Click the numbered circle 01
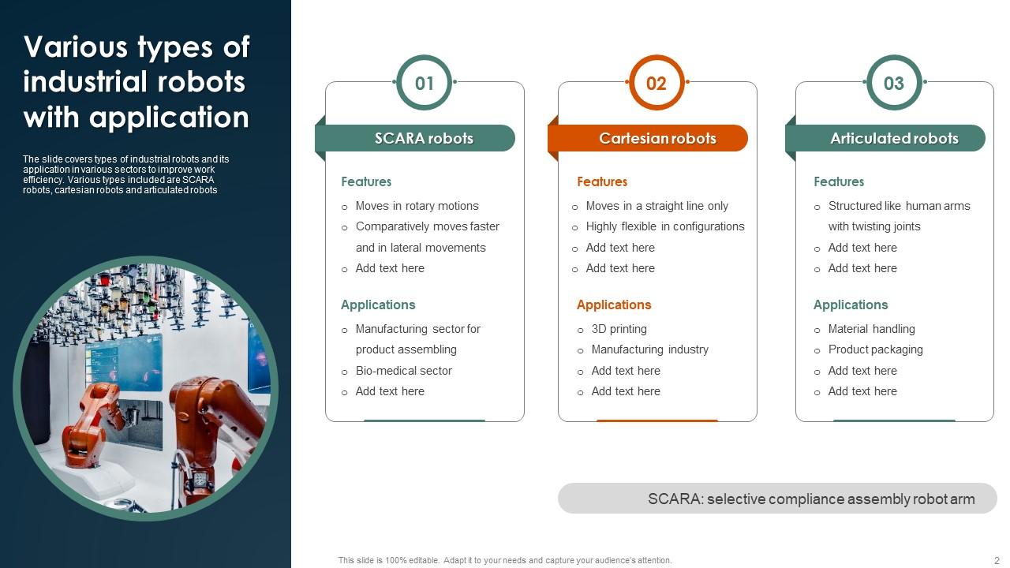tap(425, 83)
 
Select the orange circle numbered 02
tap(656, 83)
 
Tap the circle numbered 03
tap(893, 83)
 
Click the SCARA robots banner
tap(423, 138)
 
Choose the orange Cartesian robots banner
tap(656, 138)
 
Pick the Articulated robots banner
tap(893, 138)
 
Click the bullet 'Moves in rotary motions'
tap(417, 206)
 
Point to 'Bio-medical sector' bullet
tap(403, 371)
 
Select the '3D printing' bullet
tap(619, 329)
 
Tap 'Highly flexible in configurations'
tap(664, 226)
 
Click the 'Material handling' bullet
tap(871, 329)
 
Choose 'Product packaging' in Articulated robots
tap(875, 349)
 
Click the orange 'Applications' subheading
tap(613, 305)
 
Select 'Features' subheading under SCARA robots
tap(366, 181)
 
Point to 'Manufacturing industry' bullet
tap(649, 349)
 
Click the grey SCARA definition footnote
tap(810, 499)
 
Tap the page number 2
tap(997, 560)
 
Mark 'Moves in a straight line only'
tap(656, 206)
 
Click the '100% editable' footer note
tap(505, 560)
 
